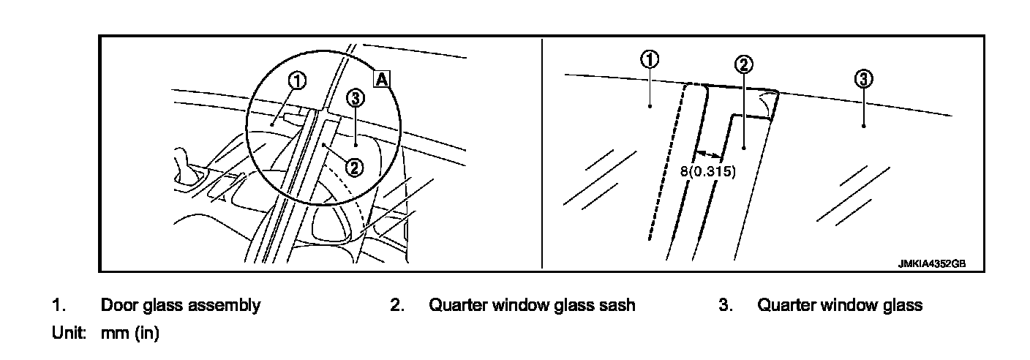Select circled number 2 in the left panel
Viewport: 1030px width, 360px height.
coord(354,168)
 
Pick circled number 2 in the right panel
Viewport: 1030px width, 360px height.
coord(743,64)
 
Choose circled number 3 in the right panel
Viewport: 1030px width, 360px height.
coord(863,79)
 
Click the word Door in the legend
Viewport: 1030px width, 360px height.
coord(119,305)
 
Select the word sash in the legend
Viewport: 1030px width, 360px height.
coord(618,305)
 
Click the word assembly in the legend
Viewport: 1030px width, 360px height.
coord(224,306)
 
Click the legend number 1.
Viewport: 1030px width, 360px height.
coord(56,305)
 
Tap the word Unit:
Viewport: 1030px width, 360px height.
coord(69,333)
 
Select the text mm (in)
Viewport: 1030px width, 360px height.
coord(129,334)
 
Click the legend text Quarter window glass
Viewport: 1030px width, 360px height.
coord(840,305)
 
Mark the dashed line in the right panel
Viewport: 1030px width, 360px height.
coord(666,161)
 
